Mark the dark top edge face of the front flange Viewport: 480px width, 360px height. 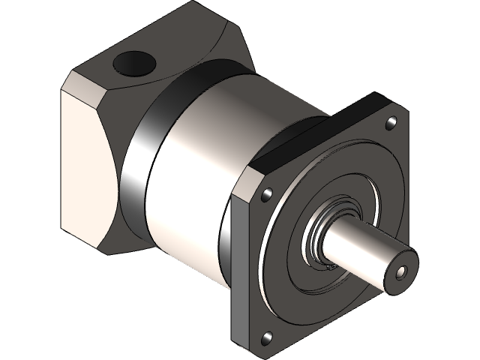[315, 135]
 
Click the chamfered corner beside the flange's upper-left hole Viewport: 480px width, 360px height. [252, 180]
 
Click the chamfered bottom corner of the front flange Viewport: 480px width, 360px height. [255, 346]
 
